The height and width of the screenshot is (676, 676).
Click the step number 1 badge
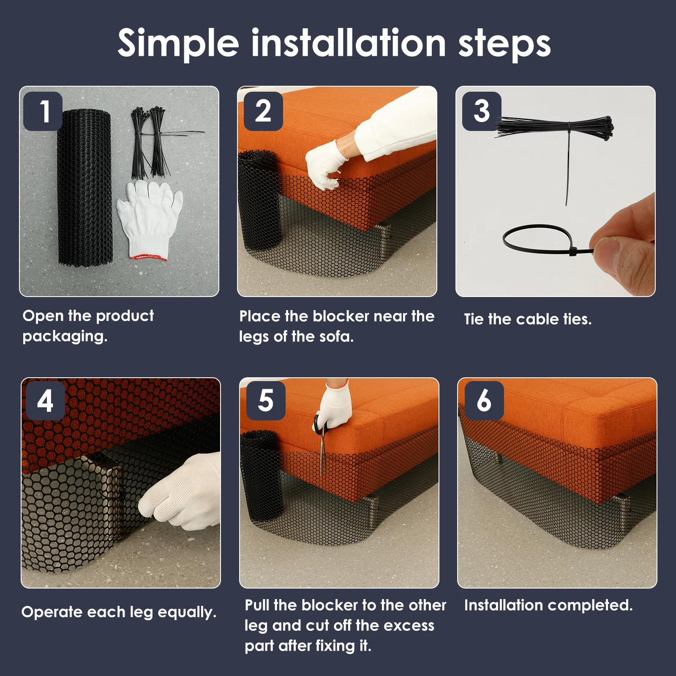point(43,111)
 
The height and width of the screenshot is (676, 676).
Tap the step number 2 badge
point(263,111)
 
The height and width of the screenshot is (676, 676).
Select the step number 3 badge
point(482,111)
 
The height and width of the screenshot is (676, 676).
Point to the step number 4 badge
point(45,401)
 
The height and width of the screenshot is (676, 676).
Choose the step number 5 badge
point(266,401)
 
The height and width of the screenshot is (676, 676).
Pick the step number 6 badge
point(484,401)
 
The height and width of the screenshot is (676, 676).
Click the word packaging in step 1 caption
point(65,337)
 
